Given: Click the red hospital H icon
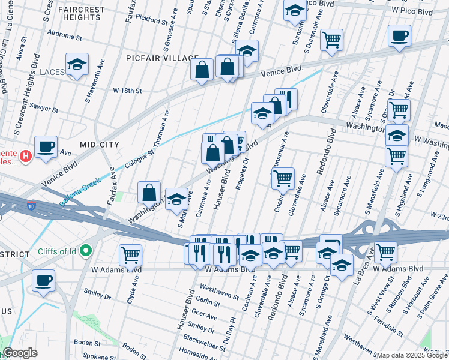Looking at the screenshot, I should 25,157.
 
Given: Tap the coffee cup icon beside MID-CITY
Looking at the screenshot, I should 46,146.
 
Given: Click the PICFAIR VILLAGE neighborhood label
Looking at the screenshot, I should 162,58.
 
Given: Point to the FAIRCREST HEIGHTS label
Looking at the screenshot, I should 82,14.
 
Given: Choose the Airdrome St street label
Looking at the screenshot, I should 64,37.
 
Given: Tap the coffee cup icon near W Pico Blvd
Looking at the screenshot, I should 399,35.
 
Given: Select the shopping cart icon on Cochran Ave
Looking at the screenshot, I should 283,178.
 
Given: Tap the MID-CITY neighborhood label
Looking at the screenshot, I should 100,145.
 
